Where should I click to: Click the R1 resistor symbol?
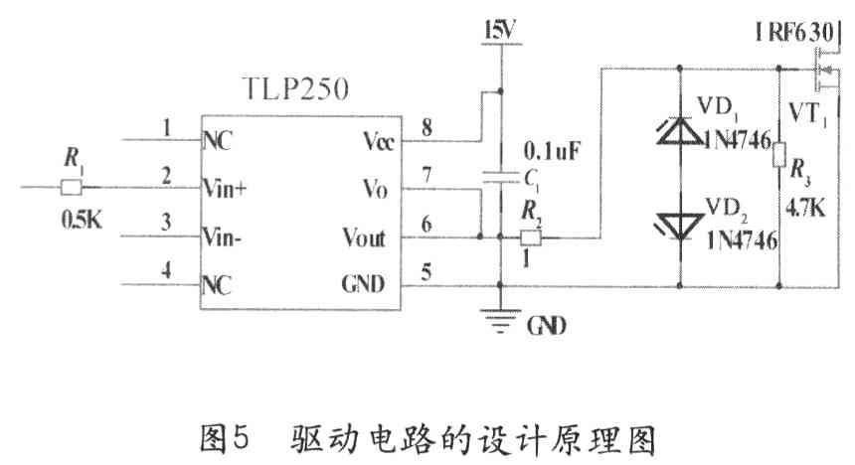71,186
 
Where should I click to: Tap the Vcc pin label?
377,140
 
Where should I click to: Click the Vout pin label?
364,237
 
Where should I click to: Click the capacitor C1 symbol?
500,178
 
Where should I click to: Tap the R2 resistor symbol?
532,237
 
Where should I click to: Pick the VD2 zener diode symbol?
680,222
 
